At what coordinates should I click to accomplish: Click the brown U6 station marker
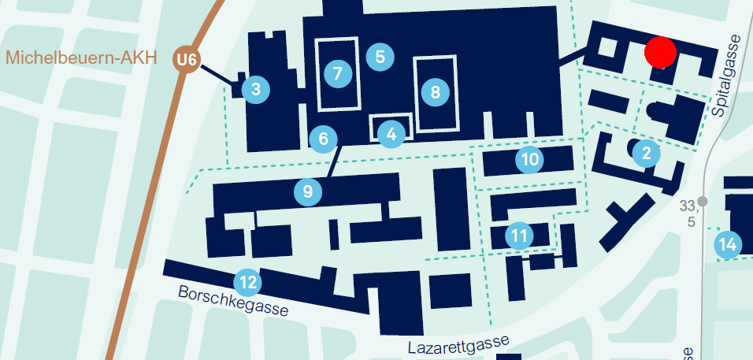(187, 59)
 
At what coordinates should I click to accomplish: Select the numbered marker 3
(256, 89)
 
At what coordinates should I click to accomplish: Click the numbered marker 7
(338, 74)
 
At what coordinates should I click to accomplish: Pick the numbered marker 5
(380, 57)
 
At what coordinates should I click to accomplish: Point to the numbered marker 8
(435, 93)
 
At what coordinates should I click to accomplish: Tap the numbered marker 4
(391, 135)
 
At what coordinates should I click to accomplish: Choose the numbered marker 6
(323, 139)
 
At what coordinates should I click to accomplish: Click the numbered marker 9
(308, 191)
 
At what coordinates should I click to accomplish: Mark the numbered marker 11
(519, 235)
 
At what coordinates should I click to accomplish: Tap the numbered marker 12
(247, 281)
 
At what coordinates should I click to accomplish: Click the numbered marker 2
(647, 153)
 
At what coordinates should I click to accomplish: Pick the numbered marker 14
(729, 245)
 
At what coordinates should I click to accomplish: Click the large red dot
(660, 52)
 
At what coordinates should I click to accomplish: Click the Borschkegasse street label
(233, 300)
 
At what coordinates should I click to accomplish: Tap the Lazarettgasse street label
(458, 344)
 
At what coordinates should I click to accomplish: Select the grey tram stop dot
(703, 202)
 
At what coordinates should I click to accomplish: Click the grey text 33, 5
(689, 213)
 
